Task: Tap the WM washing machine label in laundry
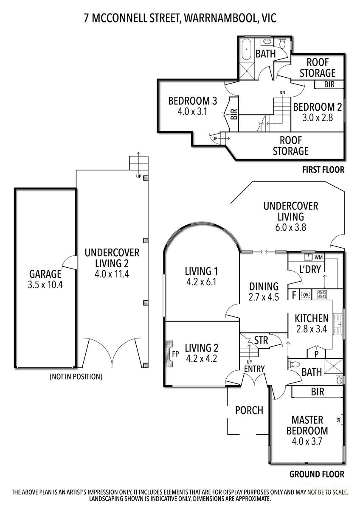pos(319,257)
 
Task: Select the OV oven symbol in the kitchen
pos(305,294)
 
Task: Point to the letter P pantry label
pos(316,353)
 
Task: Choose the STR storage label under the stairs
pos(261,340)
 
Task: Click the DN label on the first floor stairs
pos(282,92)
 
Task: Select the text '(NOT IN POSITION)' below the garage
pos(76,376)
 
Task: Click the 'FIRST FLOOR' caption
pos(323,170)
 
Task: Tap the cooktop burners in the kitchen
pos(321,294)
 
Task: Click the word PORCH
pos(249,410)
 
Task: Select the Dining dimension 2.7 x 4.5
pos(264,297)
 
